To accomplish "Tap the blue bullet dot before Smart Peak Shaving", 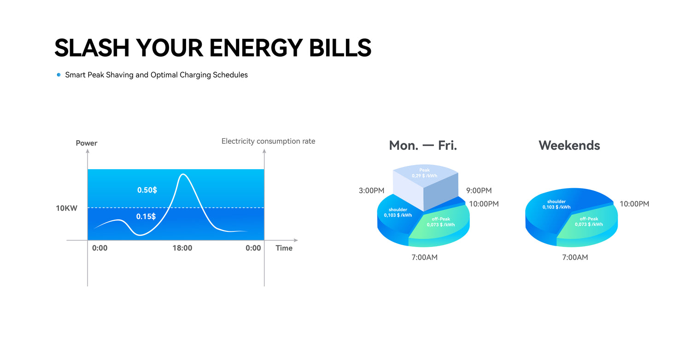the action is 59,75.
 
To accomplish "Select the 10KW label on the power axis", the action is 66,208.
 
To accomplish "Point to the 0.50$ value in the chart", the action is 147,190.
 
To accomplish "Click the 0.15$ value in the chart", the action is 146,217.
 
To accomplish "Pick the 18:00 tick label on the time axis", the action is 182,248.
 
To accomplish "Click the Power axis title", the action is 87,143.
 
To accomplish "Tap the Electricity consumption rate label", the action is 269,141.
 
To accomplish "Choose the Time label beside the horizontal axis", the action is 284,248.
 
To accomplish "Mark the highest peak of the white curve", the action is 183,174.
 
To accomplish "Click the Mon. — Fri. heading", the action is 422,145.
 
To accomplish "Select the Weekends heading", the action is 569,145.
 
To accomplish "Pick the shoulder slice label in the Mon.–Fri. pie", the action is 398,212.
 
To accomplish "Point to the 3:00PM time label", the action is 371,190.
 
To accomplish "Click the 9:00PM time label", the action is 479,190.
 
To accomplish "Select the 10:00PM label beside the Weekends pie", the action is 634,204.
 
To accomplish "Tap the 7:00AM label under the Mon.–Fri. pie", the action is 424,257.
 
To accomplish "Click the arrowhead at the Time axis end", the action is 296,240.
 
